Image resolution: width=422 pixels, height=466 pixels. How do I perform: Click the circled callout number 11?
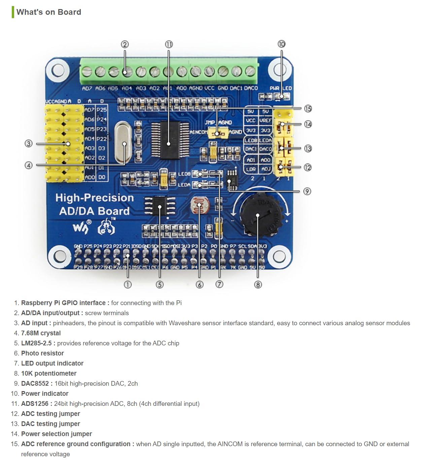click(169, 44)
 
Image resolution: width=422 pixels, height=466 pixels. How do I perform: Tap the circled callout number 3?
click(29, 143)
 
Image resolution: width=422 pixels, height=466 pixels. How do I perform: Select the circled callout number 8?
click(258, 285)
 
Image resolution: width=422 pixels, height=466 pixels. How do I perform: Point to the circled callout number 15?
click(308, 109)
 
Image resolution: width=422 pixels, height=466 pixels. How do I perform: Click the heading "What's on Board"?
click(49, 12)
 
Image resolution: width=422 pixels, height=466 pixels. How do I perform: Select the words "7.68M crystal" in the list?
click(41, 333)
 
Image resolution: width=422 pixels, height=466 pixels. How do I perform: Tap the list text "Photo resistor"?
click(42, 353)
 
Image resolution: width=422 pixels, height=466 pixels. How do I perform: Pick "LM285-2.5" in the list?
click(36, 343)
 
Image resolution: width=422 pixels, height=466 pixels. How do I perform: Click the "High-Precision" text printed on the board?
click(95, 198)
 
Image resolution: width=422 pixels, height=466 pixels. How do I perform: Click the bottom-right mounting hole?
click(279, 257)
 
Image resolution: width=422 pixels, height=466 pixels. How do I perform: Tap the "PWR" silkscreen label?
click(274, 88)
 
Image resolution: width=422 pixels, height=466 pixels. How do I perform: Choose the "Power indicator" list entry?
click(45, 393)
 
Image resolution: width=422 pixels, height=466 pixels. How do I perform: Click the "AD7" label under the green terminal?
click(87, 88)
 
